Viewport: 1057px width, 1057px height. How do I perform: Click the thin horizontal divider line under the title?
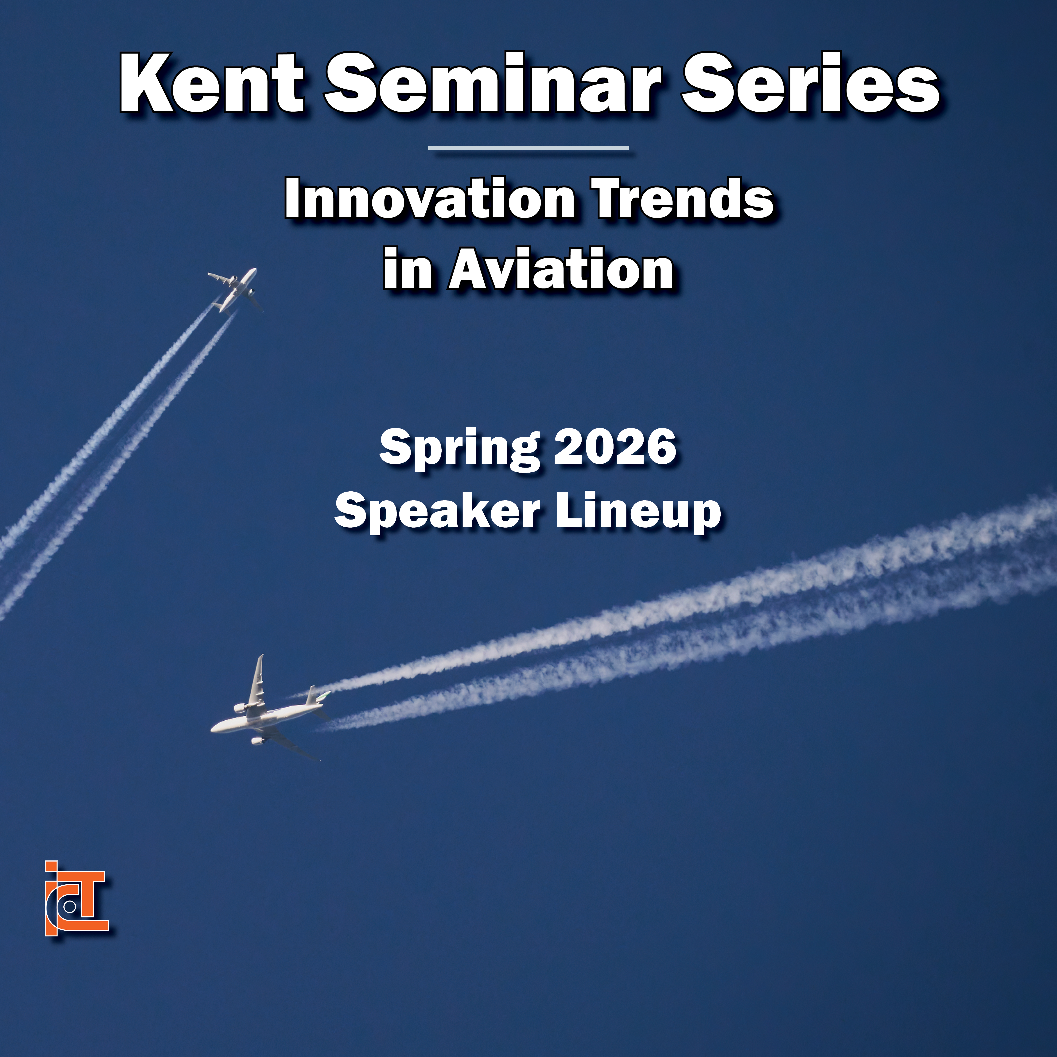[528, 148]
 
